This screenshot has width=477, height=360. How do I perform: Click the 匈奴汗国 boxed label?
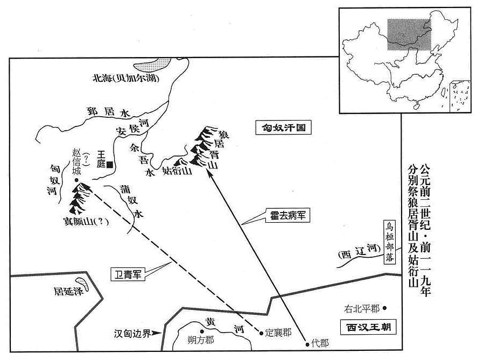click(x=284, y=128)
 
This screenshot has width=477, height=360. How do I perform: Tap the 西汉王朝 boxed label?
click(x=368, y=327)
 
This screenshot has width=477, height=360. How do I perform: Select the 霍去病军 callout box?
click(x=287, y=216)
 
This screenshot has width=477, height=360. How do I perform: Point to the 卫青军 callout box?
click(x=128, y=274)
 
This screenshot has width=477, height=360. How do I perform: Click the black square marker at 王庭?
click(x=109, y=165)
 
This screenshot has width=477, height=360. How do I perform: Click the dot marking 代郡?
click(x=307, y=344)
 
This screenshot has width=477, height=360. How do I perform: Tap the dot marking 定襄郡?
click(x=261, y=333)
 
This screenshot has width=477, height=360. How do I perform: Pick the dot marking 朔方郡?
click(x=201, y=331)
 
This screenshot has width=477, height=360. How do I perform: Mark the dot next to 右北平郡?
click(x=384, y=308)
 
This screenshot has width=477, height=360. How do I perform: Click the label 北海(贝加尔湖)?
click(x=126, y=79)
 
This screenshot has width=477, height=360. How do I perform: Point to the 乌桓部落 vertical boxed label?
click(x=389, y=242)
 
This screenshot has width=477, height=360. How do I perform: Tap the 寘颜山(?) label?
click(x=86, y=221)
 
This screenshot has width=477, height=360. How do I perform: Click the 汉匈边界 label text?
click(x=132, y=334)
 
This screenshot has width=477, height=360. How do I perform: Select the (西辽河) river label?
click(x=359, y=251)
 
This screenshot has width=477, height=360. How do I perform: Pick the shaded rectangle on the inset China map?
click(x=409, y=34)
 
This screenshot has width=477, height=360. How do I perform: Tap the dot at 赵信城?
click(x=76, y=180)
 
